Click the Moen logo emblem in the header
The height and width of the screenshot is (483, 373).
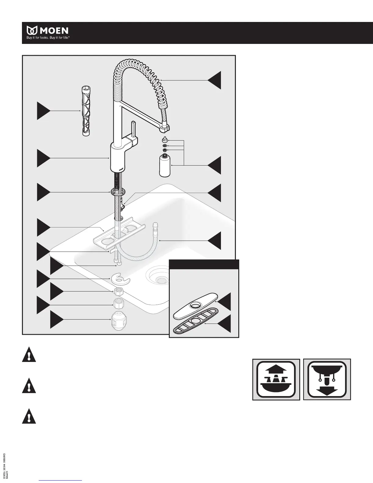tap(32, 31)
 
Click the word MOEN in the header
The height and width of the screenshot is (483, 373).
tap(54, 31)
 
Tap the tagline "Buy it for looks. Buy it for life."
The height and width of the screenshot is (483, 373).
tap(49, 39)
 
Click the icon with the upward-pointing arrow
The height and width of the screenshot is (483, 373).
tap(276, 379)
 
